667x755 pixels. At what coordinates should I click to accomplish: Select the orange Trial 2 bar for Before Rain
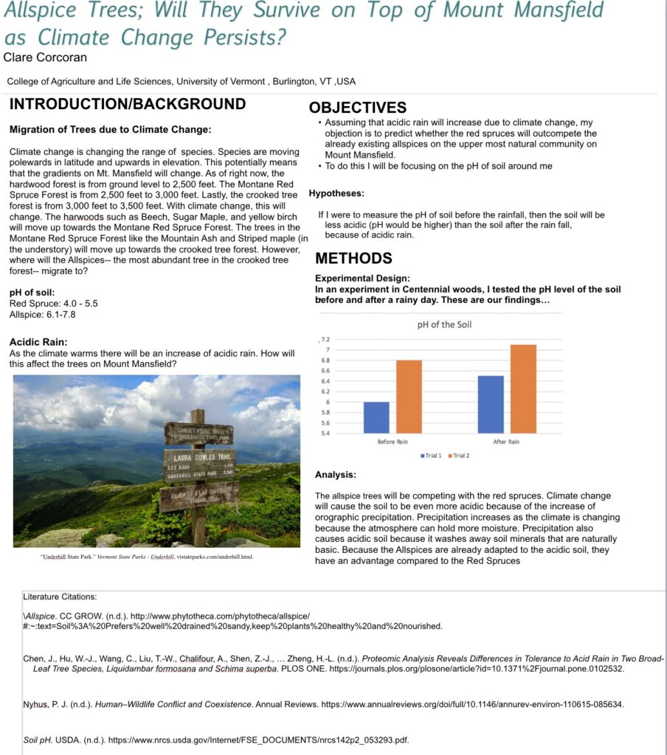click(409, 397)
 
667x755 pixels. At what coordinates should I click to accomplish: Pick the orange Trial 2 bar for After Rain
click(523, 389)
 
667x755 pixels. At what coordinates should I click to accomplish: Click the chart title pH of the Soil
click(443, 324)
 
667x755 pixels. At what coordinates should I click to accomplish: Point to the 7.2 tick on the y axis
click(325, 339)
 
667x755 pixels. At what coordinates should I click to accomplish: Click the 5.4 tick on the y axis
click(325, 433)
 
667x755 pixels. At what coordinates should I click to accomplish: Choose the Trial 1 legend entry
click(430, 456)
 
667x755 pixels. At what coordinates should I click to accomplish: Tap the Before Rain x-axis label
click(393, 442)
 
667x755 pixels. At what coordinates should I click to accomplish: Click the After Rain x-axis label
click(506, 442)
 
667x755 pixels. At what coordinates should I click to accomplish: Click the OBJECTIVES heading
click(358, 108)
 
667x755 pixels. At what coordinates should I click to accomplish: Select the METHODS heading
click(353, 259)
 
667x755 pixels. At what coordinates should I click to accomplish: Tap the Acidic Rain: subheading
click(38, 341)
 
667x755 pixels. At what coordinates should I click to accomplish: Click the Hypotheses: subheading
click(336, 193)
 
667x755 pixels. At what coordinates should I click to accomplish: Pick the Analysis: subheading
click(336, 475)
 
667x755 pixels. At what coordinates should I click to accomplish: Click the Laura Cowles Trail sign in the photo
click(199, 462)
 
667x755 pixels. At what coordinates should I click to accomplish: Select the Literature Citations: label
click(60, 596)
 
